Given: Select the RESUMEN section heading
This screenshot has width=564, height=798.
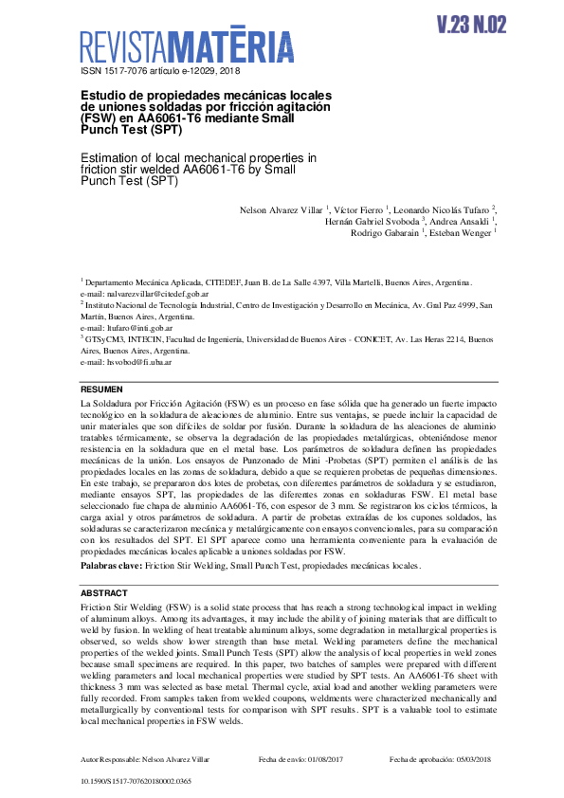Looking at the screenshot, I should coord(101,390).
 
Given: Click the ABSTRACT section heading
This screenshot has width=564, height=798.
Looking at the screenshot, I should coord(103,593).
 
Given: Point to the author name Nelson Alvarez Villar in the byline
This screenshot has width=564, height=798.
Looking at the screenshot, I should coord(280,209).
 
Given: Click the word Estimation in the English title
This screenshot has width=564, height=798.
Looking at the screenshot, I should coord(110,157).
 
